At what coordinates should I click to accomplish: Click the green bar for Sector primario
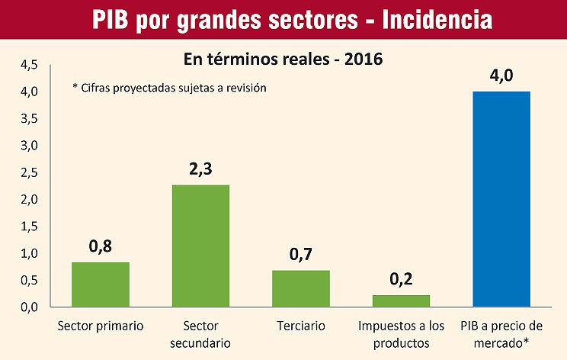pyautogui.click(x=100, y=284)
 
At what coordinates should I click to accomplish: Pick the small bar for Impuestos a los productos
pyautogui.click(x=401, y=301)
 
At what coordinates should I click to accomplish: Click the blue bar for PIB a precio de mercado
pyautogui.click(x=501, y=199)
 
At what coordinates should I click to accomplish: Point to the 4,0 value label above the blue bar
pyautogui.click(x=501, y=77)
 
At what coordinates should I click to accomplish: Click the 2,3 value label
pyautogui.click(x=200, y=170)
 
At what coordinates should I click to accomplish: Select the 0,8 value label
pyautogui.click(x=100, y=246)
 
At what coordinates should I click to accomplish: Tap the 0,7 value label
pyautogui.click(x=301, y=255)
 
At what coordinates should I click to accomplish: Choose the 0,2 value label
pyautogui.click(x=401, y=279)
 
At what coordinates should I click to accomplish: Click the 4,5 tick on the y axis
pyautogui.click(x=29, y=65)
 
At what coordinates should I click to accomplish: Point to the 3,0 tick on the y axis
pyautogui.click(x=29, y=146)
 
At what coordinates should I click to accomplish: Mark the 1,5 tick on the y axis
pyautogui.click(x=29, y=227)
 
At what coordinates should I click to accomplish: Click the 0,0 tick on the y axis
pyautogui.click(x=29, y=307)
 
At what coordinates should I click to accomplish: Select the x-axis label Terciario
pyautogui.click(x=301, y=326)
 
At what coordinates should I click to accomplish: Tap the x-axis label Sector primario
pyautogui.click(x=100, y=326)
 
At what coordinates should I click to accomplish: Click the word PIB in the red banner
pyautogui.click(x=114, y=19)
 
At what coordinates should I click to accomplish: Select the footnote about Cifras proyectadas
pyautogui.click(x=169, y=88)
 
